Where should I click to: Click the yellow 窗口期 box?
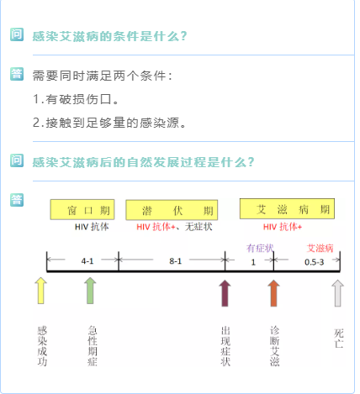[x=82, y=209]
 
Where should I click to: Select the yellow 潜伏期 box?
[x=172, y=210]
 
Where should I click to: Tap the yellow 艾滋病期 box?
[x=287, y=209]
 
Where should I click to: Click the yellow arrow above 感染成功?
[x=41, y=291]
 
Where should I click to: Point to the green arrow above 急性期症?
[x=90, y=291]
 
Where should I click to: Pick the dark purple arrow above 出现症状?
[x=225, y=293]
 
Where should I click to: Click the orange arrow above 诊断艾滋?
[x=273, y=293]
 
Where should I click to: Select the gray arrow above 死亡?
[x=337, y=293]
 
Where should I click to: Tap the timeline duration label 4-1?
[x=87, y=261]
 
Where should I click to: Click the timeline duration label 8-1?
[x=176, y=261]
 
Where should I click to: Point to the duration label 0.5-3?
[x=315, y=262]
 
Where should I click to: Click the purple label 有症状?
[x=260, y=248]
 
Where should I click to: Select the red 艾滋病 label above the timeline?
[x=320, y=248]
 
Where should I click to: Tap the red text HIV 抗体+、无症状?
[x=174, y=227]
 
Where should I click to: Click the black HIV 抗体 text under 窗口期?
[x=92, y=227]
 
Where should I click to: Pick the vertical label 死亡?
[x=339, y=339]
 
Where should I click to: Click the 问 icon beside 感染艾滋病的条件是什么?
[x=17, y=34]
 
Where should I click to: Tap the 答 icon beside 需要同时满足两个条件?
[x=17, y=74]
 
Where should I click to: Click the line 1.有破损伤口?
[x=76, y=99]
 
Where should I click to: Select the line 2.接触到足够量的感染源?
[x=109, y=123]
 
